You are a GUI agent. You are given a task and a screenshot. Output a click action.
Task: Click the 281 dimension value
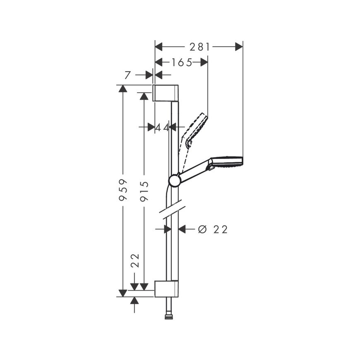click(199, 47)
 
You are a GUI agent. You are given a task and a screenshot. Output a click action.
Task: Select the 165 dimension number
click(182, 62)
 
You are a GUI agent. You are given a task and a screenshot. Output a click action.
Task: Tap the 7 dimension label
click(127, 75)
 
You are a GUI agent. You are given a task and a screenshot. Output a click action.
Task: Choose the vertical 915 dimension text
click(144, 191)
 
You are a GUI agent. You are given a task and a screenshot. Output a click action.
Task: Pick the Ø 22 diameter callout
click(213, 229)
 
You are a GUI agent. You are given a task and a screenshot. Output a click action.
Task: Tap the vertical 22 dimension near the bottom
click(135, 260)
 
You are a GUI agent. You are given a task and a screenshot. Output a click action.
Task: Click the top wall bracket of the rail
click(166, 93)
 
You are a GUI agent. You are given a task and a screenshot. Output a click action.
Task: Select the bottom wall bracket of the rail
click(166, 289)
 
